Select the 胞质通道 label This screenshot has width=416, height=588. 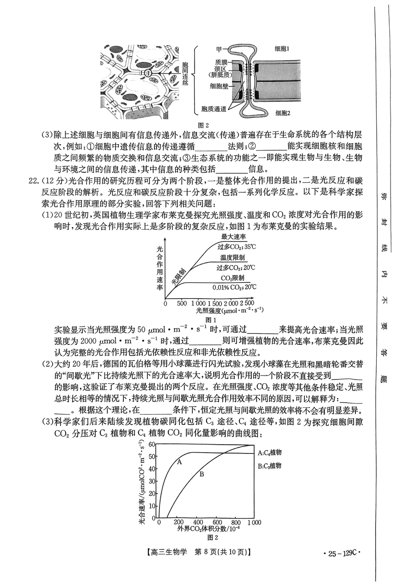tap(214, 109)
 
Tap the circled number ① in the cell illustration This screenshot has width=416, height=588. tap(147, 73)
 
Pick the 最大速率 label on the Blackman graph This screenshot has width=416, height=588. tap(233, 237)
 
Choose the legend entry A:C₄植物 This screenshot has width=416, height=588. tap(270, 453)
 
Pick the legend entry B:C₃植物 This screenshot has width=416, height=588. tap(270, 465)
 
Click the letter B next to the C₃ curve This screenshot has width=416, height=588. tap(202, 474)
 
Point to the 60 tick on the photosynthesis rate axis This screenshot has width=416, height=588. tap(151, 445)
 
